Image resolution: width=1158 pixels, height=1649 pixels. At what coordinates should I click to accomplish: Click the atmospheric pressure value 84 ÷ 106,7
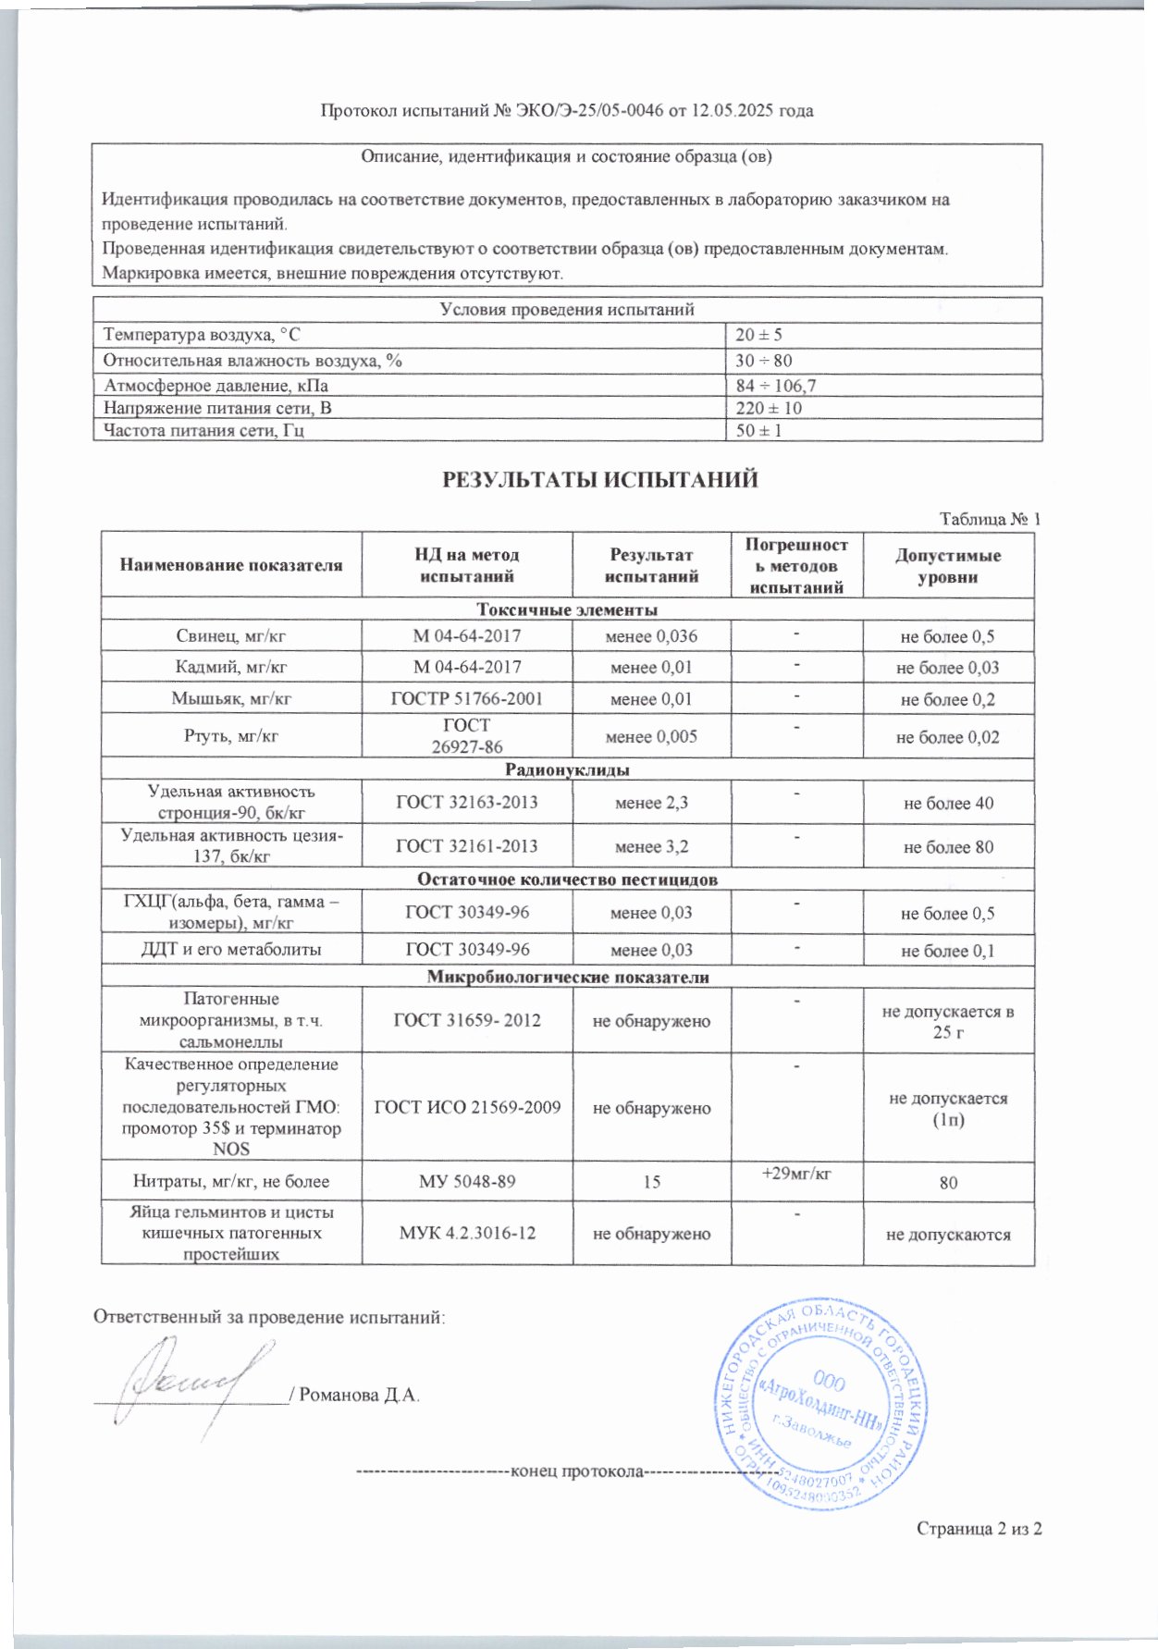pyautogui.click(x=776, y=385)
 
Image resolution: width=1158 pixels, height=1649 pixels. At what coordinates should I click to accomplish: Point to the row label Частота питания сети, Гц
pyautogui.click(x=204, y=431)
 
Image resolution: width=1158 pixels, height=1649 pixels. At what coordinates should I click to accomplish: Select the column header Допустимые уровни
pyautogui.click(x=948, y=566)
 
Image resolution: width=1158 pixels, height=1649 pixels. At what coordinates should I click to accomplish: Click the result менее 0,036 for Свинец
pyautogui.click(x=651, y=636)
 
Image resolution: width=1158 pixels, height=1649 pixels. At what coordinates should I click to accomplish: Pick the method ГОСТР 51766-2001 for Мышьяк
pyautogui.click(x=467, y=699)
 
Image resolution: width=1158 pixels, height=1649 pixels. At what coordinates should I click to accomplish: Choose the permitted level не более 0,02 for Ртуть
pyautogui.click(x=948, y=737)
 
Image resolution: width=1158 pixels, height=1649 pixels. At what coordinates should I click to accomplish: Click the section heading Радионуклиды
pyautogui.click(x=567, y=769)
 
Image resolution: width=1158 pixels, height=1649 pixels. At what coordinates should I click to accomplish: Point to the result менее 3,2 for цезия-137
pyautogui.click(x=651, y=846)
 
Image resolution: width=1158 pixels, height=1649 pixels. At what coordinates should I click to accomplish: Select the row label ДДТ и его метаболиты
pyautogui.click(x=231, y=950)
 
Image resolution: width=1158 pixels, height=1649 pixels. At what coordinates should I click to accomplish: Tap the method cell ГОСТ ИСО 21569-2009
pyautogui.click(x=467, y=1107)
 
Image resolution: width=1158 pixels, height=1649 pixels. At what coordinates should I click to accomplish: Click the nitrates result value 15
pyautogui.click(x=651, y=1182)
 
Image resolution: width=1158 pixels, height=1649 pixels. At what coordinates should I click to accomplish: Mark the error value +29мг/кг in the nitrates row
pyautogui.click(x=796, y=1174)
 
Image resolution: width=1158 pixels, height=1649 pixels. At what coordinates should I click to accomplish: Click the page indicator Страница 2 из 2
pyautogui.click(x=979, y=1529)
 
